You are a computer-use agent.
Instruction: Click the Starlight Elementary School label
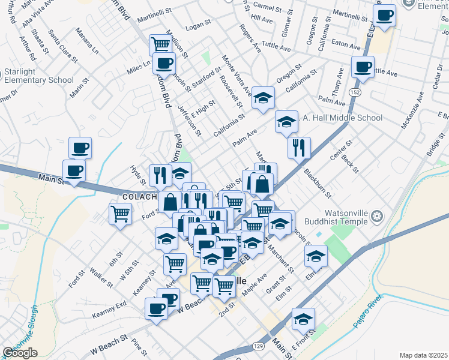37,76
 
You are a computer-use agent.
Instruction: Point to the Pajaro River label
367,314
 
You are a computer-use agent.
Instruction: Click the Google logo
20,353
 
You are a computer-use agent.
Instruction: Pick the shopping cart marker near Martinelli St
160,44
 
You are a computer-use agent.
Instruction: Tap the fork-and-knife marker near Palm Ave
299,147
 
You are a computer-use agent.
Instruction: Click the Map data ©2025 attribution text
423,355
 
